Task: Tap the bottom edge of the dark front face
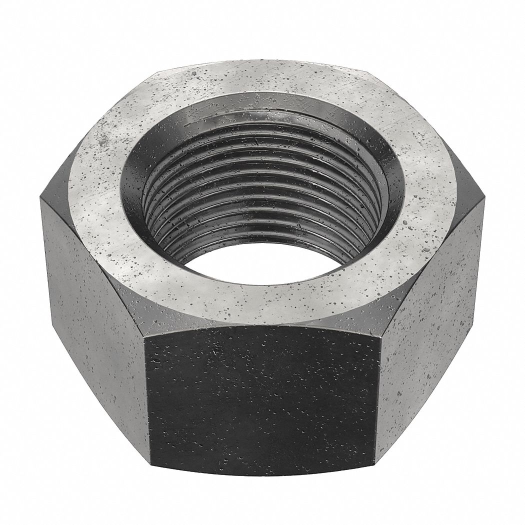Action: [262, 473]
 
